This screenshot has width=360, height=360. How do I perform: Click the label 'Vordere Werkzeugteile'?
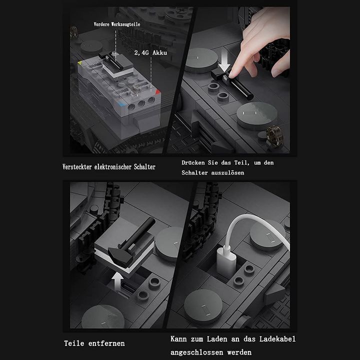[x=117, y=24]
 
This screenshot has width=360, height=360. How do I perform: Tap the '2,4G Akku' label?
[x=150, y=53]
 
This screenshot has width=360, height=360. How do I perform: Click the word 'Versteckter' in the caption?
[x=77, y=166]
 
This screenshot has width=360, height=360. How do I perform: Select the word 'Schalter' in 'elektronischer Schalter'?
[x=144, y=166]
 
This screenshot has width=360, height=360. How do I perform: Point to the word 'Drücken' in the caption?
[x=193, y=162]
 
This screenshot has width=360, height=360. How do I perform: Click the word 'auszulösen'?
[x=227, y=172]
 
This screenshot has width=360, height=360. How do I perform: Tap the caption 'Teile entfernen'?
[x=94, y=343]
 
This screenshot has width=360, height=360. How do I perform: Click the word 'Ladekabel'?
[x=277, y=339]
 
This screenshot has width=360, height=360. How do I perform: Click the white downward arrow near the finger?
[x=224, y=61]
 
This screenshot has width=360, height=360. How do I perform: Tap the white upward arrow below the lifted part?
[x=117, y=281]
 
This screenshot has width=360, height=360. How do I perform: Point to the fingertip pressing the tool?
[x=233, y=73]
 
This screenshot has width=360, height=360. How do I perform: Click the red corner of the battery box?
[x=157, y=92]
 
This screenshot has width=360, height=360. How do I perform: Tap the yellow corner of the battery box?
[x=80, y=62]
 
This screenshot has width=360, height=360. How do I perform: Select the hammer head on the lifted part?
[x=120, y=257]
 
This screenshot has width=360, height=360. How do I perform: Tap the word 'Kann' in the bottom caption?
[x=178, y=339]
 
